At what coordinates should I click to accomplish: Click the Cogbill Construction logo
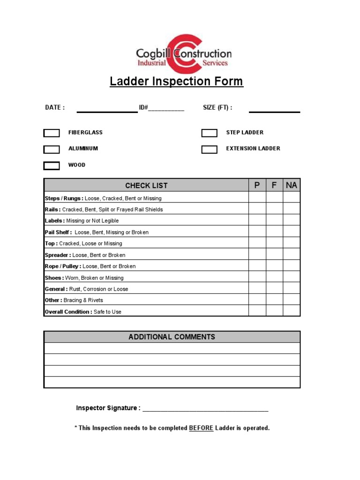(183, 53)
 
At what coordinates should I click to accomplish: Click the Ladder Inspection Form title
(176, 81)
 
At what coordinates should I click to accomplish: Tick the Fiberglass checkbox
(52, 133)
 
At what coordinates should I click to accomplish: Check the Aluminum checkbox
(52, 150)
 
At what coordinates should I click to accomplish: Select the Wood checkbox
(52, 165)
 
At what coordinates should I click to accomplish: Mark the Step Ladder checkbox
(210, 133)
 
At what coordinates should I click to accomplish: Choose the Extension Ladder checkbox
(210, 150)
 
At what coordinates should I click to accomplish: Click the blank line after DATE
(107, 111)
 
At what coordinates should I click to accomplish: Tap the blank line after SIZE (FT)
(274, 111)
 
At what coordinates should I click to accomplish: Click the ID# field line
(166, 110)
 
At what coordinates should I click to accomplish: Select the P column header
(257, 185)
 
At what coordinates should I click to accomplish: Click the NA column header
(291, 185)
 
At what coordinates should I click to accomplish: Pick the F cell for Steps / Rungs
(274, 198)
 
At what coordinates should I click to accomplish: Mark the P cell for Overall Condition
(257, 311)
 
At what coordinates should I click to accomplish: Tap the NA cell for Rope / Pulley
(291, 266)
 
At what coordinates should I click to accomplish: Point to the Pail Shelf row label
(59, 232)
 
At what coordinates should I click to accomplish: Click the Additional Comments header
(172, 337)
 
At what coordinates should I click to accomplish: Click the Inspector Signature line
(205, 409)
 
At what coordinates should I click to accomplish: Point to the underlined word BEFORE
(201, 428)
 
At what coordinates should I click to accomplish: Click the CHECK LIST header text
(146, 185)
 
